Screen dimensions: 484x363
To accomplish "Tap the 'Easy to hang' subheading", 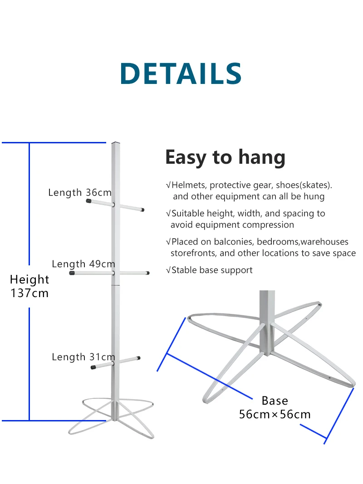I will (x=225, y=157).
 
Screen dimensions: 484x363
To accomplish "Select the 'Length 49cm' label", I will (x=83, y=264).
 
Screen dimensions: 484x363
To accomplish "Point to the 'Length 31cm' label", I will (x=83, y=357).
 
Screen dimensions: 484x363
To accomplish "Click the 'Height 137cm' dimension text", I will (x=29, y=286).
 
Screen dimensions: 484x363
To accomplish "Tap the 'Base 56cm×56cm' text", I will (x=275, y=407).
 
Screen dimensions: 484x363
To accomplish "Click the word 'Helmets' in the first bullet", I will (x=189, y=185).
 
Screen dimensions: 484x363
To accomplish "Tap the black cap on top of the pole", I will (x=116, y=143).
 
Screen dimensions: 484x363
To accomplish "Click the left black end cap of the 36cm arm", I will (x=89, y=200).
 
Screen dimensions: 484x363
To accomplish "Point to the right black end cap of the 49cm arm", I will (x=147, y=273).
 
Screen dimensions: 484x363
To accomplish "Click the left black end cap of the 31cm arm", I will (x=94, y=367).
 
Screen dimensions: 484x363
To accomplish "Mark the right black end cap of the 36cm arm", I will (x=142, y=210).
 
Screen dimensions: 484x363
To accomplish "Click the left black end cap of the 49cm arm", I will (x=72, y=273).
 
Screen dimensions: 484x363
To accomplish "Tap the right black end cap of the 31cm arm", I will (x=138, y=358).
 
